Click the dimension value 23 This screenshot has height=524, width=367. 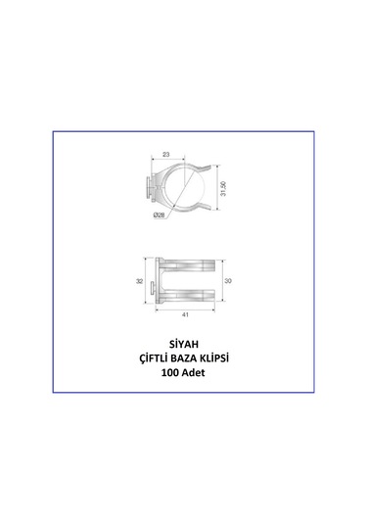(166, 155)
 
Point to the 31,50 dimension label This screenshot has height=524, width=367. (223, 188)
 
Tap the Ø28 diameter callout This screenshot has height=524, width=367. (159, 215)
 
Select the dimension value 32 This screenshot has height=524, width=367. (139, 281)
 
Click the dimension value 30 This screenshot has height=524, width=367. (228, 281)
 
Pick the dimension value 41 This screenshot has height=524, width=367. (185, 314)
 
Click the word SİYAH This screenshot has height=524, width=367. (184, 344)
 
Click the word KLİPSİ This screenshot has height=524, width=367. (214, 358)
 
